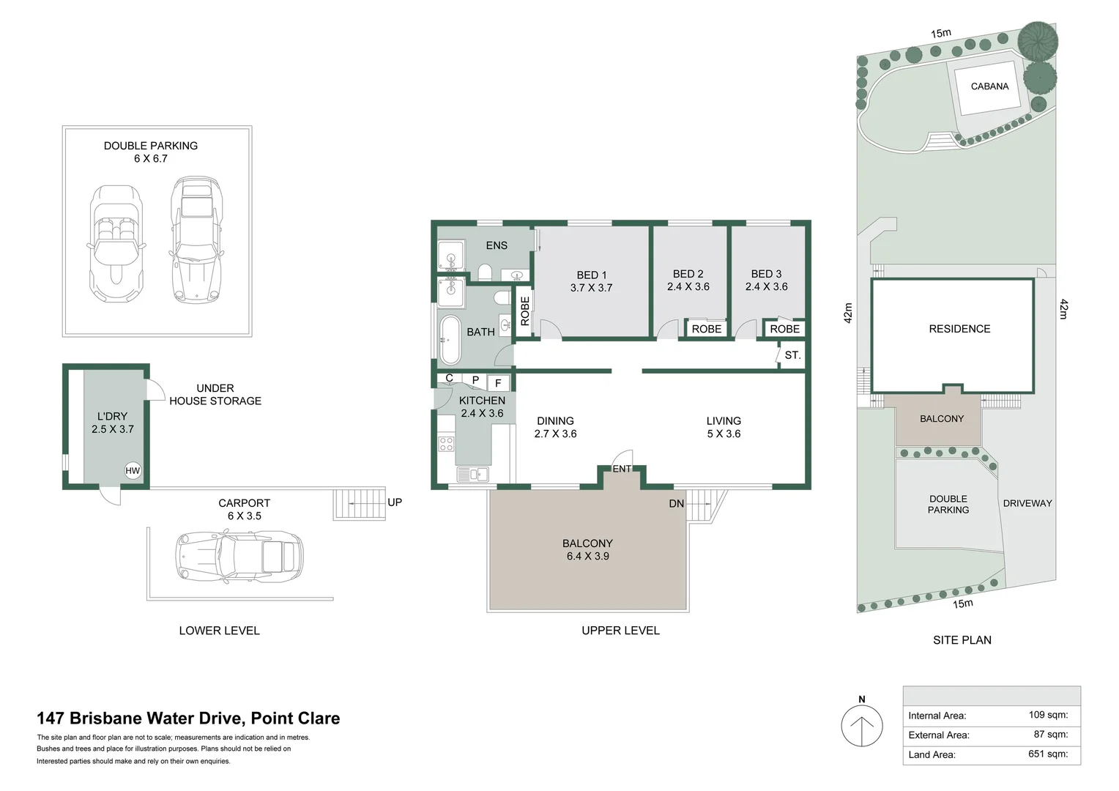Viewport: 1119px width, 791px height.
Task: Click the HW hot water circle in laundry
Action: (x=133, y=470)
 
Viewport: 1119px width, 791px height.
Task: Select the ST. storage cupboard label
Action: (x=792, y=354)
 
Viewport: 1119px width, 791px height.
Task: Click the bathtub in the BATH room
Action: (x=450, y=340)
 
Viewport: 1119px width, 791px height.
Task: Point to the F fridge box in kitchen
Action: (x=498, y=383)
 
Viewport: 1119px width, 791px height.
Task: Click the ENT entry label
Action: (x=622, y=469)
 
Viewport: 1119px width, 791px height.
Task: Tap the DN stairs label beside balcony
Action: (x=677, y=504)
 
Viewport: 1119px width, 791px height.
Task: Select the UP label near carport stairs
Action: (x=395, y=502)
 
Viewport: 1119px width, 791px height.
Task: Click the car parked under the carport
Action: (x=239, y=557)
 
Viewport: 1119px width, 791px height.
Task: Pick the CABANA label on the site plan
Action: (x=989, y=86)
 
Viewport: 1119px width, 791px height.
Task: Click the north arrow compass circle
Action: (x=862, y=726)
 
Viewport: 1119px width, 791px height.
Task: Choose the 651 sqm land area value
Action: (x=1048, y=754)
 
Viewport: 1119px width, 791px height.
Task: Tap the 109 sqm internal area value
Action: (x=1048, y=715)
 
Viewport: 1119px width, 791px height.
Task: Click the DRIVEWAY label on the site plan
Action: (x=1027, y=503)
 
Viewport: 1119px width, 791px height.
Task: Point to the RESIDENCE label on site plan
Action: (x=959, y=329)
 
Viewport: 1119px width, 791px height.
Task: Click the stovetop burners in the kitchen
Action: (x=446, y=444)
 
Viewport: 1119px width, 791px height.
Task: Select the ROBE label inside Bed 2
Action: (x=707, y=329)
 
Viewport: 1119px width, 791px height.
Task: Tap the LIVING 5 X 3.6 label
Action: (x=724, y=427)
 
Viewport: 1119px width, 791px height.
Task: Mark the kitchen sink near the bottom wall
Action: (x=472, y=474)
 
